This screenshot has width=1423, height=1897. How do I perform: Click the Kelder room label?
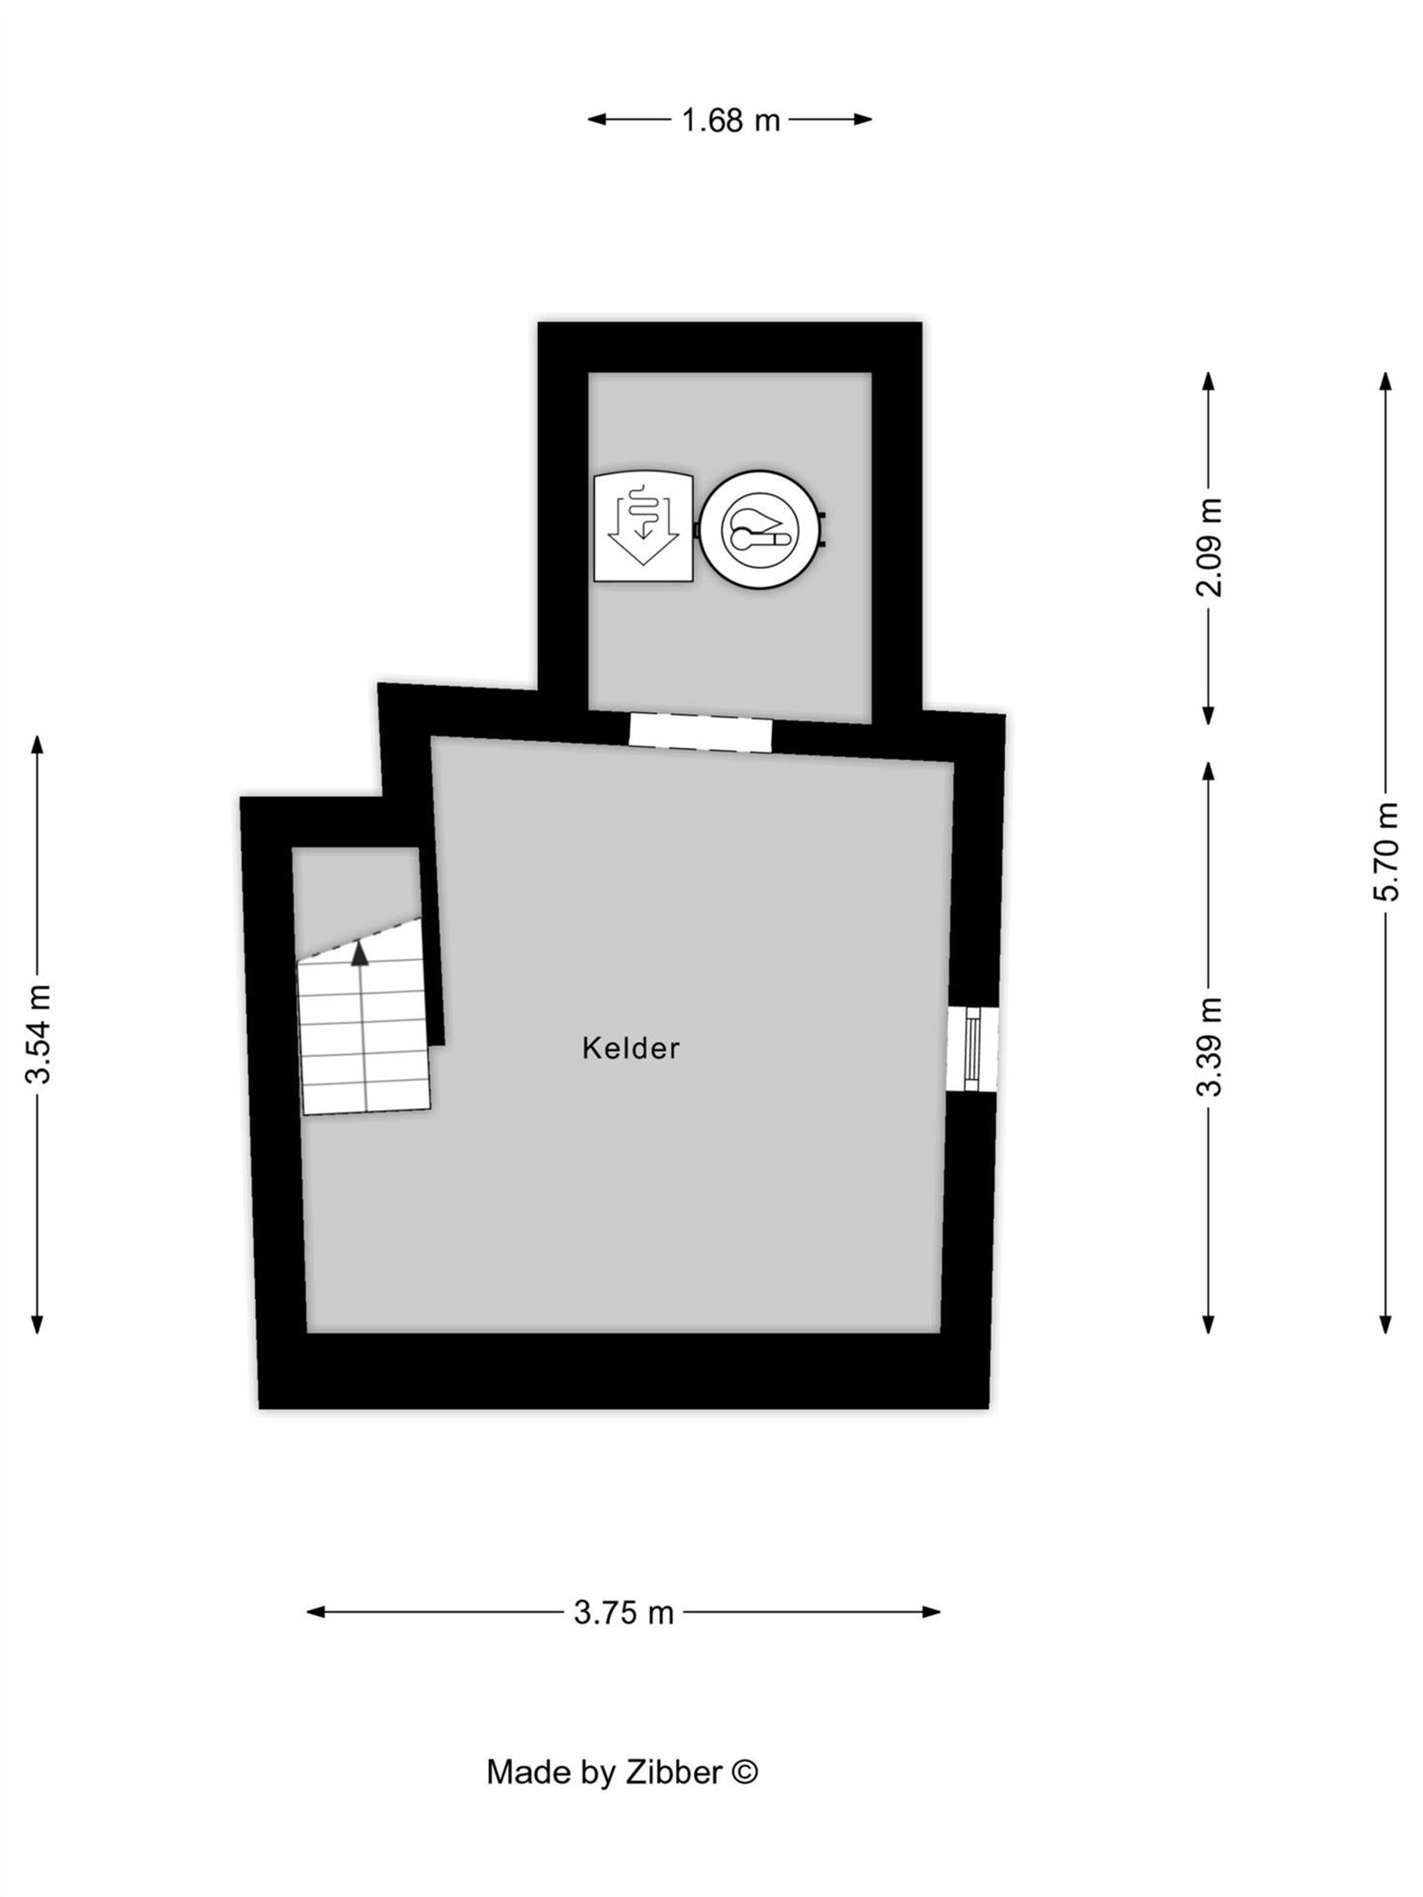[631, 1048]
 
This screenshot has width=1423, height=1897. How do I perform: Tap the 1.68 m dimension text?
[730, 119]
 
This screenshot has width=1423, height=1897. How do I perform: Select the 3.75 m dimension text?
[623, 1612]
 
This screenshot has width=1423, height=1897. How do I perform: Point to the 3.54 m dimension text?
[39, 1033]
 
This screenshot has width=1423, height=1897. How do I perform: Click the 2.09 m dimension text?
[1210, 546]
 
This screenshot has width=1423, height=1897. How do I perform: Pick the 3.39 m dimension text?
[1210, 1046]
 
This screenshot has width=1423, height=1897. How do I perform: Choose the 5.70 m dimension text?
[1386, 851]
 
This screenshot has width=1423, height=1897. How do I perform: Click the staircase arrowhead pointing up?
[359, 953]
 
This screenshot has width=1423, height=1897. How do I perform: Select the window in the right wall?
[972, 1049]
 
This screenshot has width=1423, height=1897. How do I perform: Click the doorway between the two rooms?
[701, 733]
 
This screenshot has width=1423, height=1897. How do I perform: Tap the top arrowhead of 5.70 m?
[1385, 382]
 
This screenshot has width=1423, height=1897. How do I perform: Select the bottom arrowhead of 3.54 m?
[36, 1323]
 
